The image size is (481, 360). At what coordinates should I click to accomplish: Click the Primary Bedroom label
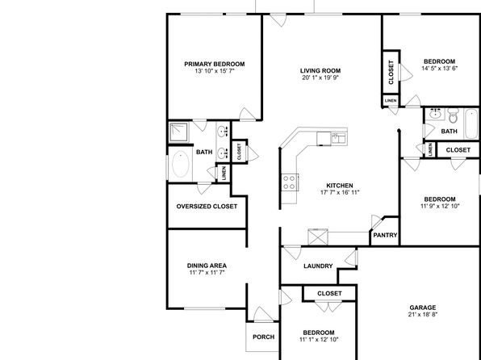215,64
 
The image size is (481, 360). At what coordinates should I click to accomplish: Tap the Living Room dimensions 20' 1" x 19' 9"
320,77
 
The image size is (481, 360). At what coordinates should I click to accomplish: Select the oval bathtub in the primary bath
181,164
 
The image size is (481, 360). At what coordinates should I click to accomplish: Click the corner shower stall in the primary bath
178,132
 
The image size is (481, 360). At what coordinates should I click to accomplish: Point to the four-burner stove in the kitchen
289,182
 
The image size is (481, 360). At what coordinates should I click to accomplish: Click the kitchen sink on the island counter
339,138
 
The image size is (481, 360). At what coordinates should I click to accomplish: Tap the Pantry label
385,236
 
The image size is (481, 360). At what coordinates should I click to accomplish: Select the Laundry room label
318,266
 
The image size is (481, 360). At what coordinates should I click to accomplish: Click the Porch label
264,337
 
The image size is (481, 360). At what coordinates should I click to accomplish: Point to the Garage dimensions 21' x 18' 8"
422,314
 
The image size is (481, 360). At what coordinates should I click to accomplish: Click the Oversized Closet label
207,207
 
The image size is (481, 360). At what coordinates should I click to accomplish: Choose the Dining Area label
207,266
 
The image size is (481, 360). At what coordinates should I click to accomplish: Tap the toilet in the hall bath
453,115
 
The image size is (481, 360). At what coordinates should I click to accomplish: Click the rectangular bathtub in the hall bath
471,124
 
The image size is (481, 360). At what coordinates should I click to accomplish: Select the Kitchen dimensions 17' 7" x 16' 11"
340,192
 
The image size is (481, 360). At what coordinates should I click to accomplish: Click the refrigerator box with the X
318,237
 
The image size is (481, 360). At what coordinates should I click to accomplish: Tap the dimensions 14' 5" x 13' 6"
439,68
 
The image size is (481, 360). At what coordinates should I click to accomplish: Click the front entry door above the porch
262,314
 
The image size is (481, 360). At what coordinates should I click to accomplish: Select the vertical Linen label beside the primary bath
224,173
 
